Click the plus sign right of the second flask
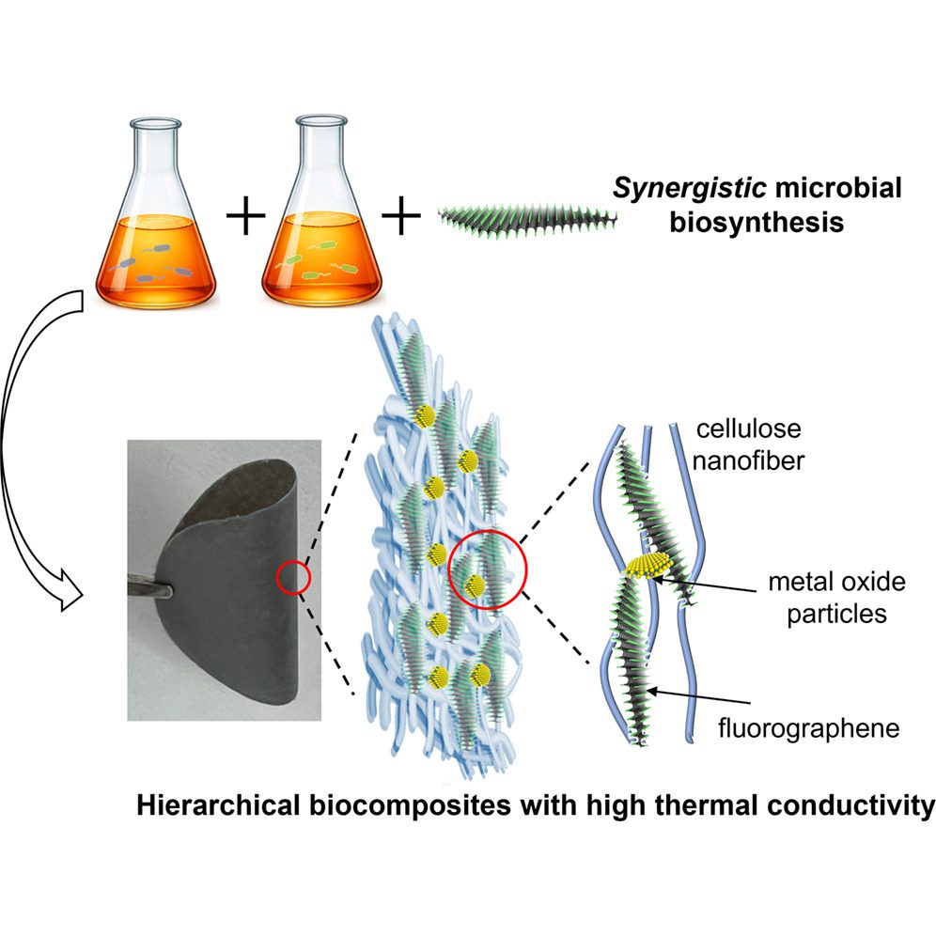401,216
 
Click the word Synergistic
690,189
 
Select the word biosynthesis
757,222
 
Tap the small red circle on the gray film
294,577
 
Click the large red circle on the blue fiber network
488,569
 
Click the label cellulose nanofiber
749,445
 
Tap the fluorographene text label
809,728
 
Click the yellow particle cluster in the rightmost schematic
648,566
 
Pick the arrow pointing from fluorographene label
699,696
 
